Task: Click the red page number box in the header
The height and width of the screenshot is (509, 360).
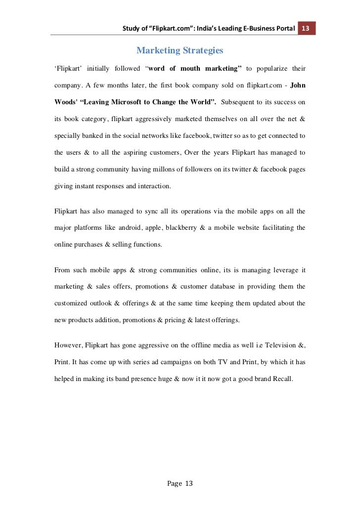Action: pos(306,28)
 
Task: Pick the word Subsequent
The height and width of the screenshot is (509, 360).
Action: pos(239,102)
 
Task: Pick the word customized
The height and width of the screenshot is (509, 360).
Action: pos(72,303)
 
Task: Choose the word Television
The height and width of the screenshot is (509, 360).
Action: pos(278,345)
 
